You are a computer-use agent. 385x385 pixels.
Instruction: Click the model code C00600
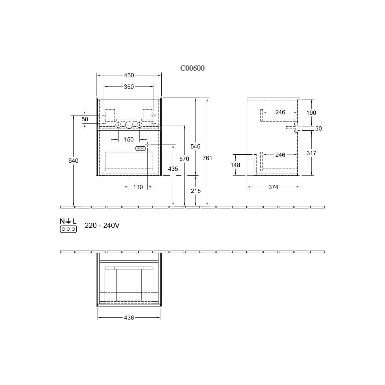(x=193, y=68)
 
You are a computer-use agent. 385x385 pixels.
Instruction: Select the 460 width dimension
(x=129, y=75)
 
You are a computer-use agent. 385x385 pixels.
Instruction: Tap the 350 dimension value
(x=129, y=87)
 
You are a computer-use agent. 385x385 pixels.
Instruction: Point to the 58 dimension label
(x=85, y=119)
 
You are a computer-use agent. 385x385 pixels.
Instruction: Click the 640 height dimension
(x=73, y=160)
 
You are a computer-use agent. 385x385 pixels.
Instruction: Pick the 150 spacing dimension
(x=129, y=140)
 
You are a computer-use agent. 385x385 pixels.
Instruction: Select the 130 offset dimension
(x=138, y=187)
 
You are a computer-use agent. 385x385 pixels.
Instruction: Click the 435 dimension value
(x=173, y=169)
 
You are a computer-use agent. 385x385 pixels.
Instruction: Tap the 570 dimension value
(x=184, y=159)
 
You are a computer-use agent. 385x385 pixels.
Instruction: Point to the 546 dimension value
(x=195, y=146)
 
